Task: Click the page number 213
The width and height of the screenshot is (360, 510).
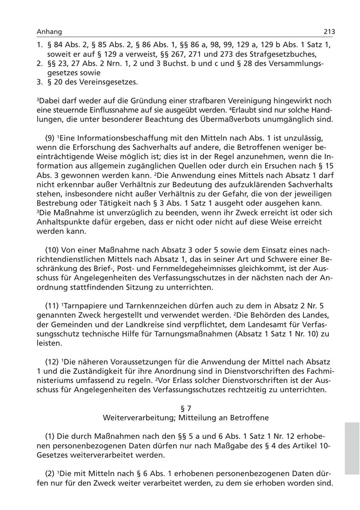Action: (x=329, y=32)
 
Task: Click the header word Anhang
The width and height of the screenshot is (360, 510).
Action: (x=49, y=32)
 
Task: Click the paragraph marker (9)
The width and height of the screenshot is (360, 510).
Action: (x=50, y=138)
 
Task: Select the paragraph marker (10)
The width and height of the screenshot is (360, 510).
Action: (x=52, y=250)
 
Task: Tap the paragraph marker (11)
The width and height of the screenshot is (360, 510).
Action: (x=52, y=306)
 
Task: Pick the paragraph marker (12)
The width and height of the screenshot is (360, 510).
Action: (x=52, y=362)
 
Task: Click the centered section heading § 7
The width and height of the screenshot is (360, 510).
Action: (x=186, y=408)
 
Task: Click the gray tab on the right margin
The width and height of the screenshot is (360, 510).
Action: (x=352, y=448)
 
